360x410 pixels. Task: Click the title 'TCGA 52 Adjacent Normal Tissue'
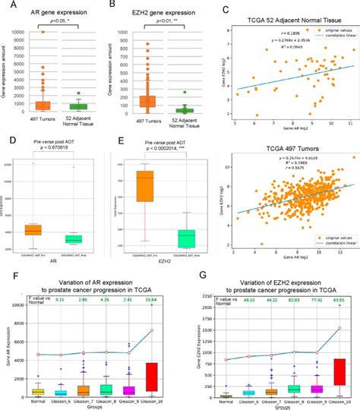pos(292,19)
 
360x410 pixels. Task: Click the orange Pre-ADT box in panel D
pos(33,229)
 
